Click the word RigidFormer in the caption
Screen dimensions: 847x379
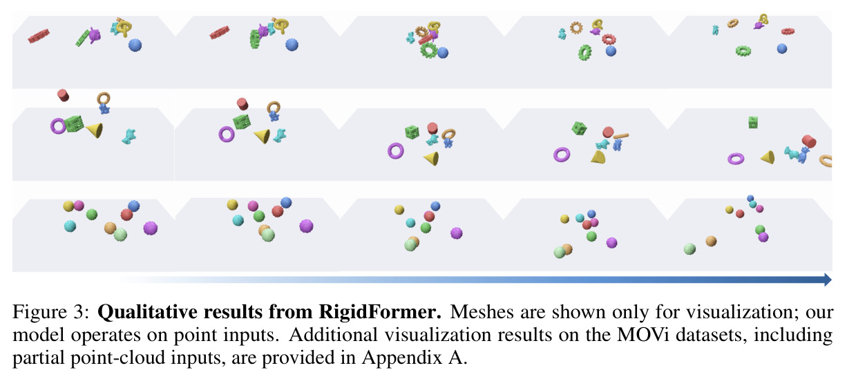point(380,312)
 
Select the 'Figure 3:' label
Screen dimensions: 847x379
point(51,313)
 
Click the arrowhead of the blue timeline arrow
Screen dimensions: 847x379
point(828,280)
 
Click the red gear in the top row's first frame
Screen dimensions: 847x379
point(39,36)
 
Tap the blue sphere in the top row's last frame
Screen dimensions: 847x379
point(781,48)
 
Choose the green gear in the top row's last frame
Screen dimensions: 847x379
point(743,51)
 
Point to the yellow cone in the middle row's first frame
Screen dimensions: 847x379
point(95,130)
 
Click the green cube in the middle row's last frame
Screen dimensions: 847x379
point(753,122)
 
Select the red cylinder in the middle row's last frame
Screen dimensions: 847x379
point(809,142)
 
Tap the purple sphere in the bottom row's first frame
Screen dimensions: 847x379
point(150,229)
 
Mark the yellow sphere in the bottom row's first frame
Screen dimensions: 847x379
point(68,206)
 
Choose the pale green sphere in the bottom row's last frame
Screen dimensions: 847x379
point(689,249)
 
